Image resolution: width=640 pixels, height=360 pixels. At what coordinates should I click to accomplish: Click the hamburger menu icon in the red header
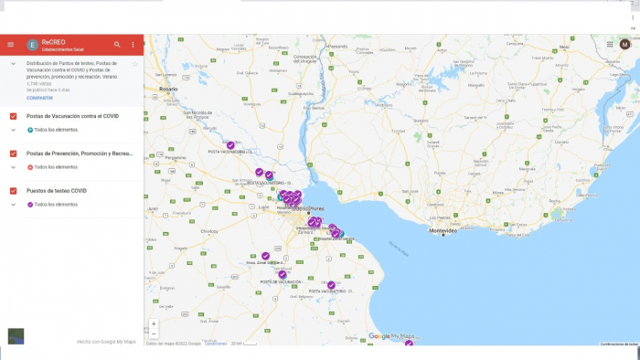pyautogui.click(x=11, y=45)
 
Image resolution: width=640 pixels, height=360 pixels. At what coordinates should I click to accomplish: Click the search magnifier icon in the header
pyautogui.click(x=117, y=45)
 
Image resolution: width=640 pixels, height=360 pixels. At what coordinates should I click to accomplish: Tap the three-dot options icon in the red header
pyautogui.click(x=133, y=45)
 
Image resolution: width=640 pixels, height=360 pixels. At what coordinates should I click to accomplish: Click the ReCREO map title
pyautogui.click(x=53, y=42)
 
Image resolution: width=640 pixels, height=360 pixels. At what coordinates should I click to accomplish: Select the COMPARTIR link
pyautogui.click(x=39, y=97)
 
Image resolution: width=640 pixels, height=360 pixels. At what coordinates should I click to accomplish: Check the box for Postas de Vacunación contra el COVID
pyautogui.click(x=13, y=116)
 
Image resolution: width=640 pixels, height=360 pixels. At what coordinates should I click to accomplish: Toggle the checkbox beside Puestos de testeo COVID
pyautogui.click(x=13, y=190)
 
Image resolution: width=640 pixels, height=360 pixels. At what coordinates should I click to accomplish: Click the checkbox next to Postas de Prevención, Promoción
pyautogui.click(x=13, y=154)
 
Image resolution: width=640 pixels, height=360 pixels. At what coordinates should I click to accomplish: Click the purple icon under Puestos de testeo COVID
pyautogui.click(x=30, y=205)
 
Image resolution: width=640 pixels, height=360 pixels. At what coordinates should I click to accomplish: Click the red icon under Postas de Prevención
pyautogui.click(x=30, y=167)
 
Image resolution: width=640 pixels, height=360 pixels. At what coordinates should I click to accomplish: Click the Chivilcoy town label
pyautogui.click(x=210, y=231)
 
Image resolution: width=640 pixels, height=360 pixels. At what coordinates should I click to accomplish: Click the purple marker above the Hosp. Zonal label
pyautogui.click(x=265, y=256)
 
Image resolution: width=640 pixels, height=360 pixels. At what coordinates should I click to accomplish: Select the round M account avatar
pyautogui.click(x=625, y=44)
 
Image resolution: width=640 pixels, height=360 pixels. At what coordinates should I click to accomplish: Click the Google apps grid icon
pyautogui.click(x=610, y=44)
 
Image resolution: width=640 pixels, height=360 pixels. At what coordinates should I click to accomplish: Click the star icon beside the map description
pyautogui.click(x=135, y=64)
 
